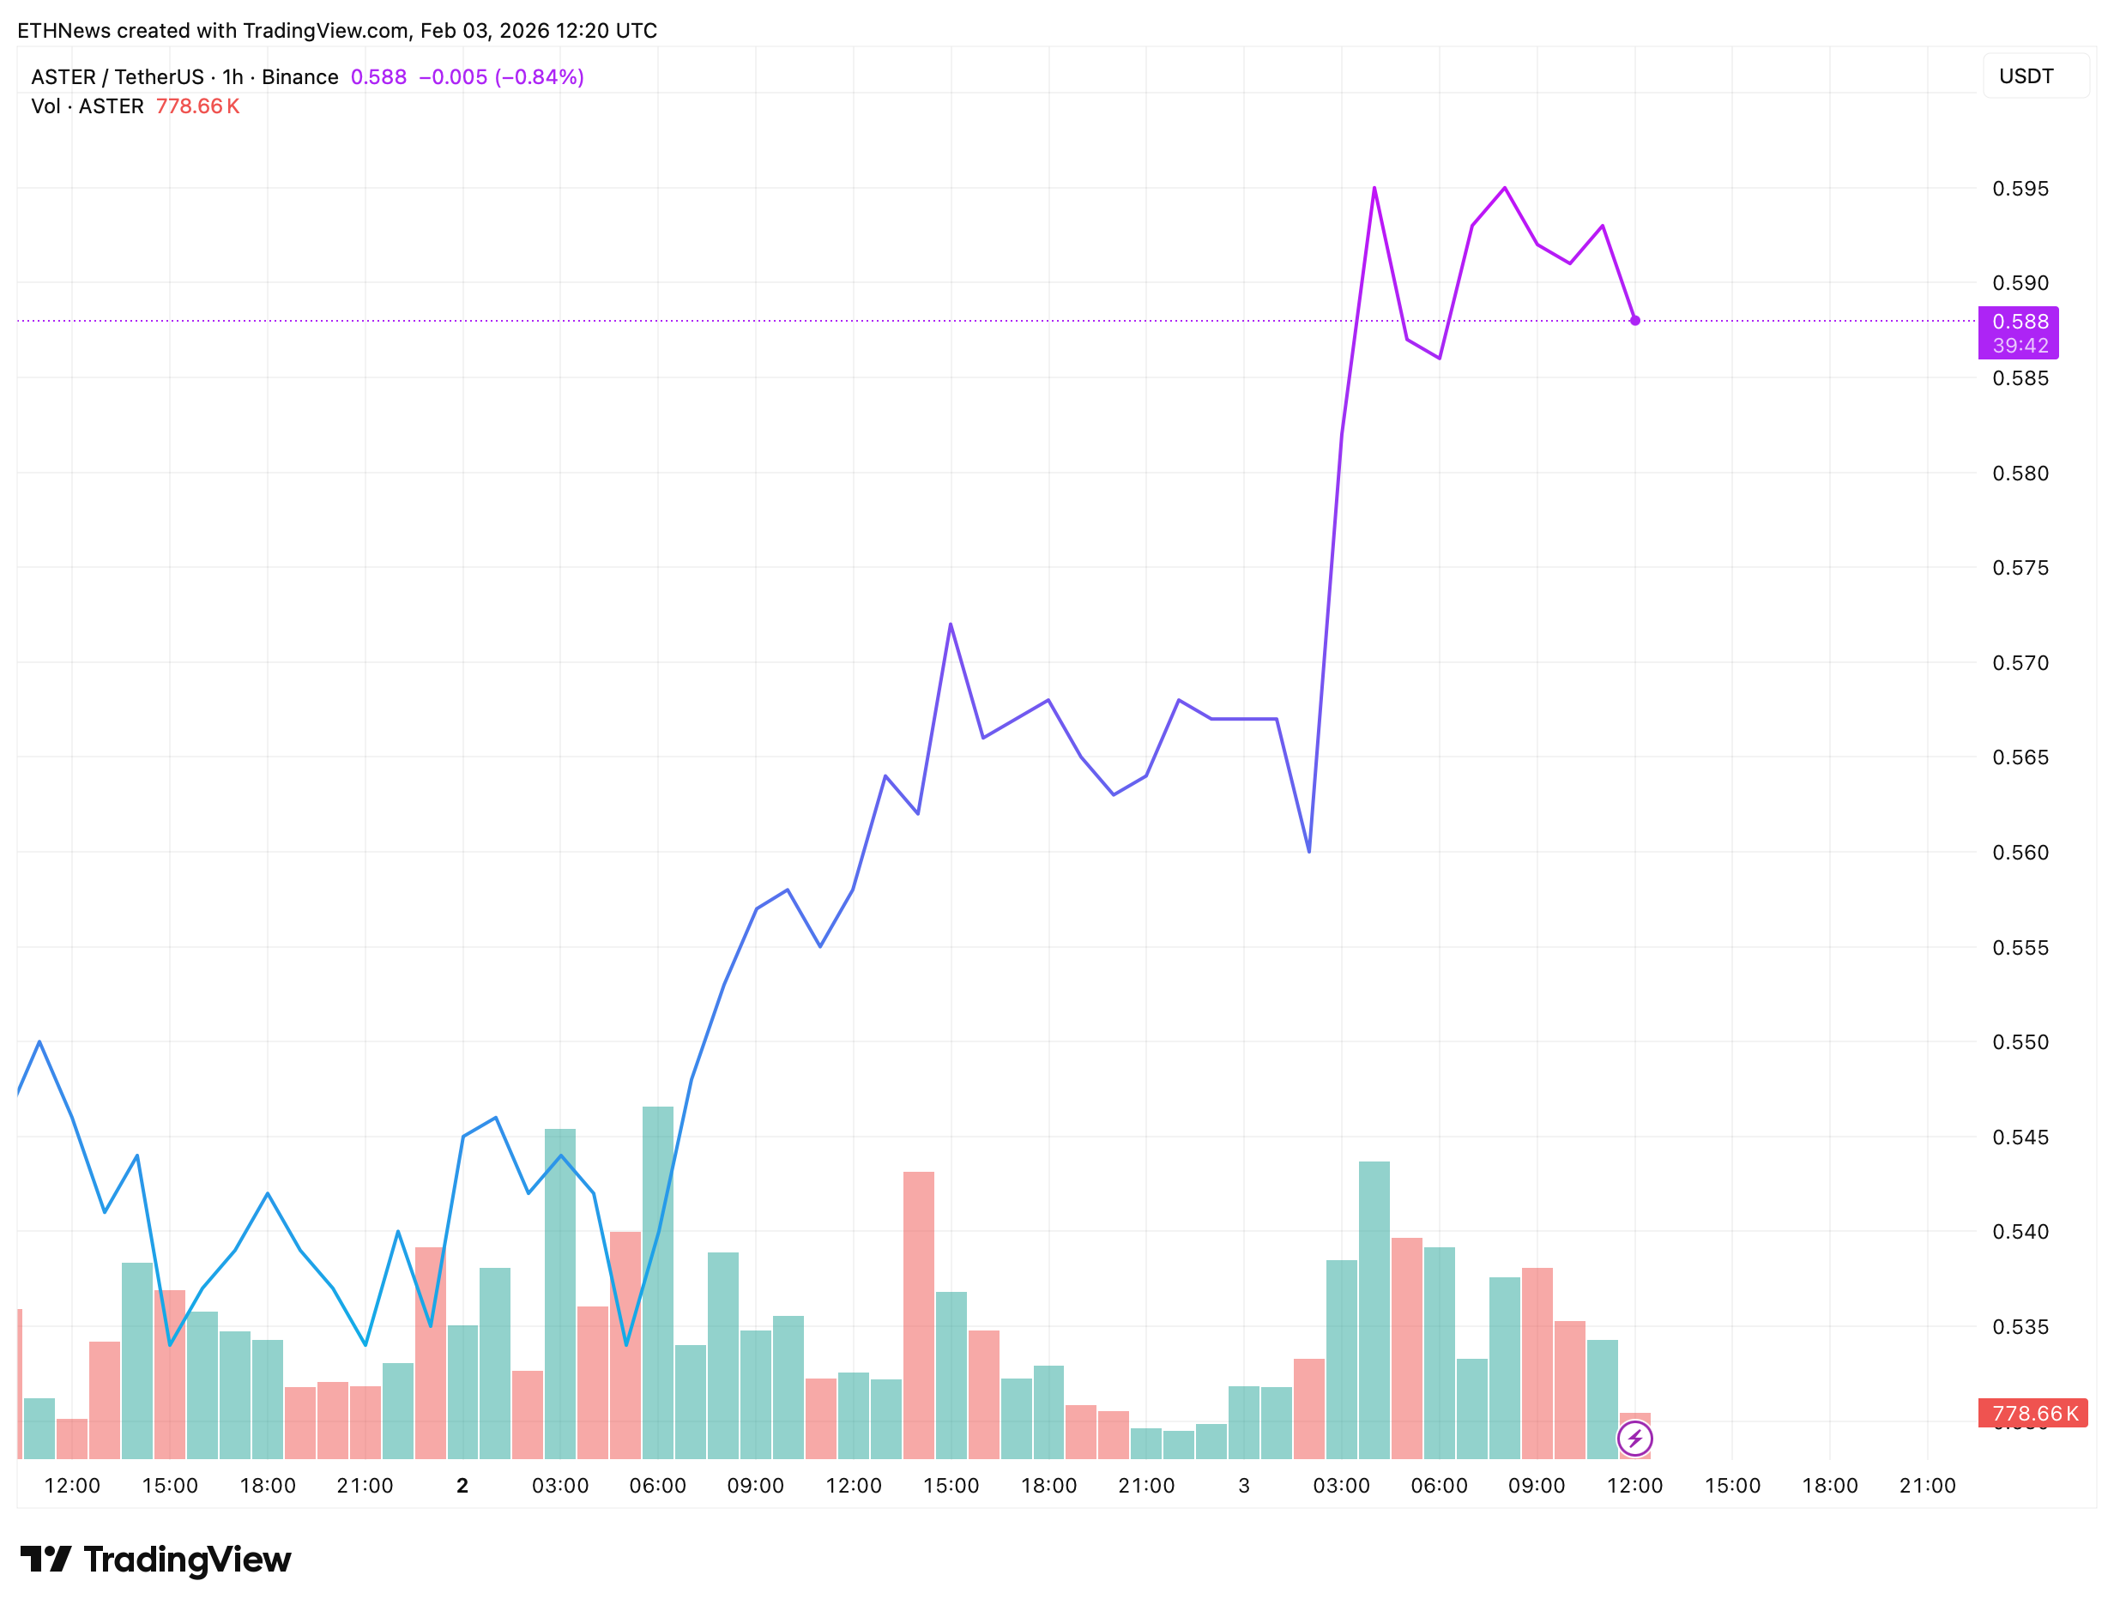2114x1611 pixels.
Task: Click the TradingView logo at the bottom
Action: click(x=155, y=1560)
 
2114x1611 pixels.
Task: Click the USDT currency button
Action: click(x=2025, y=76)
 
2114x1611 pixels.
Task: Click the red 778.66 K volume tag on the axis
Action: click(x=2032, y=1413)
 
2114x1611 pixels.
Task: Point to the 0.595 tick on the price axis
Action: click(x=2019, y=189)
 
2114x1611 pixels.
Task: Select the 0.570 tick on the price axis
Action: click(x=2019, y=662)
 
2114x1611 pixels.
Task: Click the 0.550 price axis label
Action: click(x=2019, y=1042)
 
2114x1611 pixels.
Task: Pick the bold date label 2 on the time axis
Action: click(x=462, y=1486)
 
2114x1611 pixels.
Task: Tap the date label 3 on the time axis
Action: click(x=1243, y=1486)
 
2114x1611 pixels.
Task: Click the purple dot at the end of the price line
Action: click(x=1634, y=320)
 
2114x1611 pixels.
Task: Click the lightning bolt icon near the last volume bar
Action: click(x=1634, y=1439)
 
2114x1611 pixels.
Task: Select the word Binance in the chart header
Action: click(x=299, y=76)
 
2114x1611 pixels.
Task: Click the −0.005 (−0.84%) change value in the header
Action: click(x=501, y=76)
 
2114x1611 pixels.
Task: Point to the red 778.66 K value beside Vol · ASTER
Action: click(x=196, y=106)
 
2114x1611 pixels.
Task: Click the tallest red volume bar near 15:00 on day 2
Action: click(x=918, y=1313)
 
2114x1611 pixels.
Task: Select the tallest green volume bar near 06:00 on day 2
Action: click(x=657, y=1281)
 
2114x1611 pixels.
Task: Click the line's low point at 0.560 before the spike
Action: click(x=1308, y=851)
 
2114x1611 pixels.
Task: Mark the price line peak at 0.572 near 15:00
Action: click(x=950, y=624)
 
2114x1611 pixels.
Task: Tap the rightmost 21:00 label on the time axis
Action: click(x=1926, y=1486)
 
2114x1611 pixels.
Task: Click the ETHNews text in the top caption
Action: click(x=63, y=31)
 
